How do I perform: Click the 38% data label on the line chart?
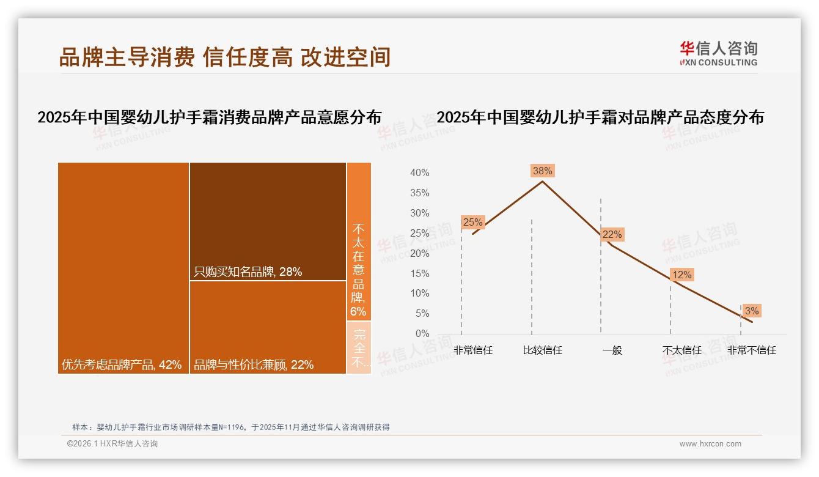[542, 171]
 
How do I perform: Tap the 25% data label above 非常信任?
[472, 222]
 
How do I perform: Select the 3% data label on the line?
[751, 311]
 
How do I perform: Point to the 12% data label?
[681, 275]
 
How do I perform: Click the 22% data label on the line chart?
[612, 234]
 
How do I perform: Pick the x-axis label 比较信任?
[542, 350]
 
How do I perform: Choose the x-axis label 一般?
[612, 350]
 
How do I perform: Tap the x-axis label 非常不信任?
[751, 350]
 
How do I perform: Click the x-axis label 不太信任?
[681, 350]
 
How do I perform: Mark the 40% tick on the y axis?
[419, 173]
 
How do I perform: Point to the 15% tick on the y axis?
[419, 273]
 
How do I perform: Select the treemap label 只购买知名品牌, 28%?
[248, 272]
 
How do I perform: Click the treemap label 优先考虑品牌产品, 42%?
[122, 364]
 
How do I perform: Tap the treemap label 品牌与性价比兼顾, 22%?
[254, 364]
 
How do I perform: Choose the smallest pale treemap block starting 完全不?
[359, 347]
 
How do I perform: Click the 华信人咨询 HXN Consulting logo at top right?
[718, 53]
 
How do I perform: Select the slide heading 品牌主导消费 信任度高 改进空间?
[224, 57]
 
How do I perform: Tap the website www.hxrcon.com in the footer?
[710, 444]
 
